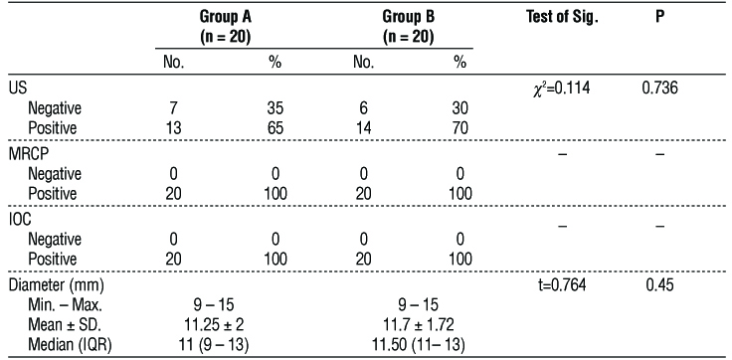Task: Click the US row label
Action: (x=17, y=90)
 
